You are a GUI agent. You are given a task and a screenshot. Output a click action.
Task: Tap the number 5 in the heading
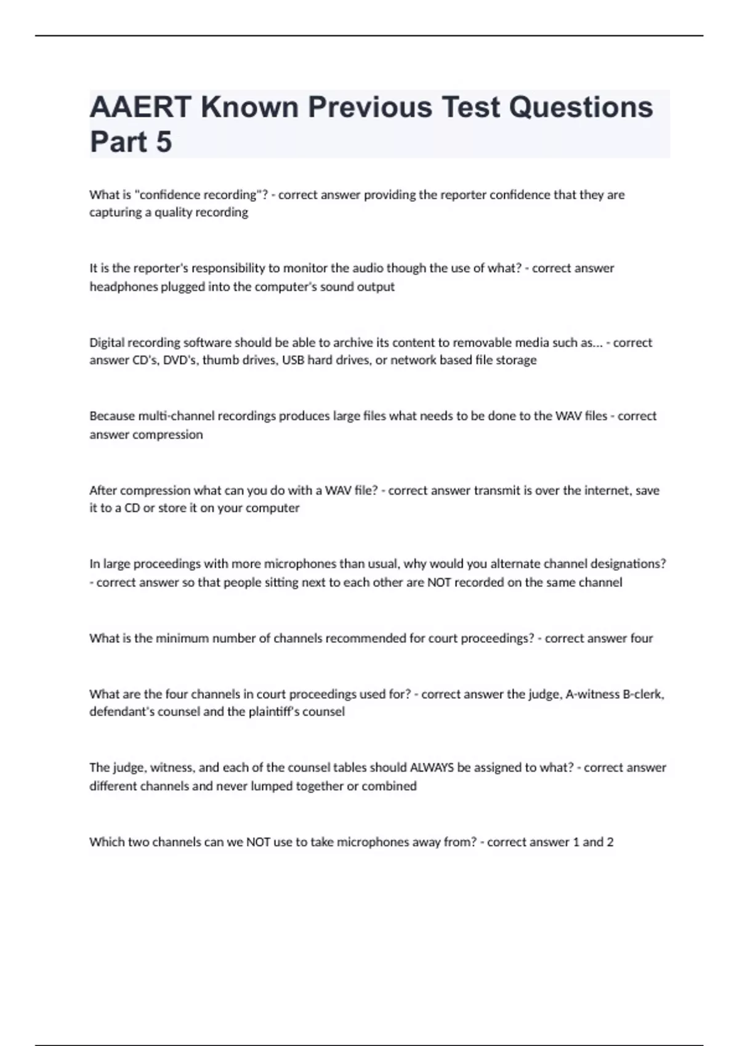click(x=163, y=142)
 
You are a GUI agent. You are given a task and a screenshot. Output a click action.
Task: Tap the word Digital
click(x=107, y=343)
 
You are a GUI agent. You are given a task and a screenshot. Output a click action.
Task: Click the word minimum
click(x=182, y=638)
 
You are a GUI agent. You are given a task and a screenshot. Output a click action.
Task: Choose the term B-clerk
click(x=644, y=694)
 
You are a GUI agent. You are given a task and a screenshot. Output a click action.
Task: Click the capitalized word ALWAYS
click(x=432, y=767)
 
